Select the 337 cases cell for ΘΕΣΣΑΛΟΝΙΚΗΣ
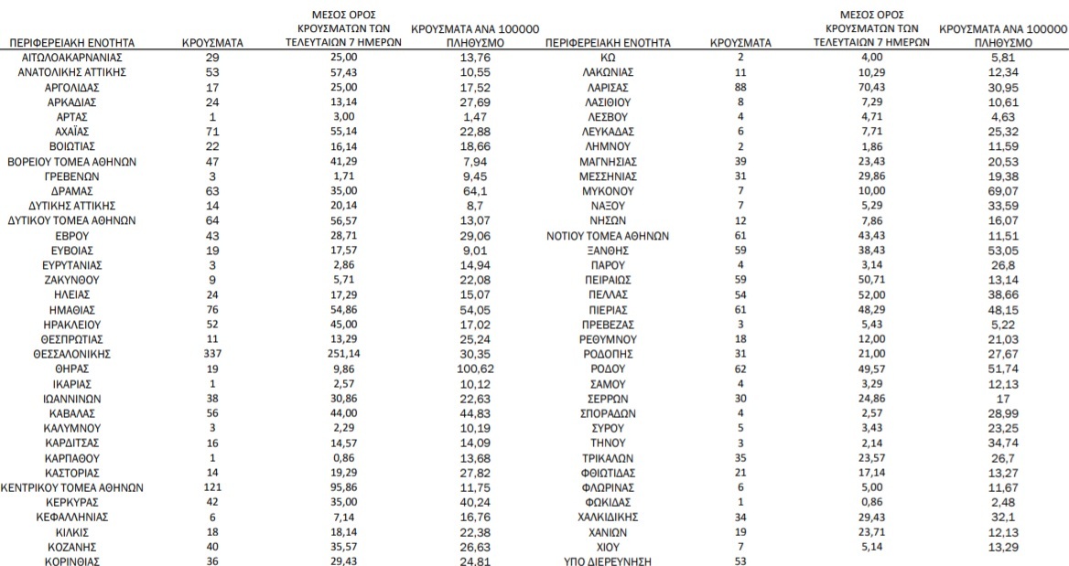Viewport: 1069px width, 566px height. pyautogui.click(x=212, y=353)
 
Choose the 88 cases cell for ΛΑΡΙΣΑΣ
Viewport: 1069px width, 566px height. pyautogui.click(x=741, y=86)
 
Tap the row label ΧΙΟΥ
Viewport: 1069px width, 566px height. pyautogui.click(x=607, y=546)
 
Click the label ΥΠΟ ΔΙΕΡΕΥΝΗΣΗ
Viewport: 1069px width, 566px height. pyautogui.click(x=607, y=561)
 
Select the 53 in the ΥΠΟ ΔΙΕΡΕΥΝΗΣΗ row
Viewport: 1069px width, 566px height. pyautogui.click(x=741, y=561)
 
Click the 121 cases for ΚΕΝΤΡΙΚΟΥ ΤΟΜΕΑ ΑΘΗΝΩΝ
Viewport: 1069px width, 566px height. pyautogui.click(x=212, y=487)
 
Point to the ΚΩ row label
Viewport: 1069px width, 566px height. pyautogui.click(x=607, y=57)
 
